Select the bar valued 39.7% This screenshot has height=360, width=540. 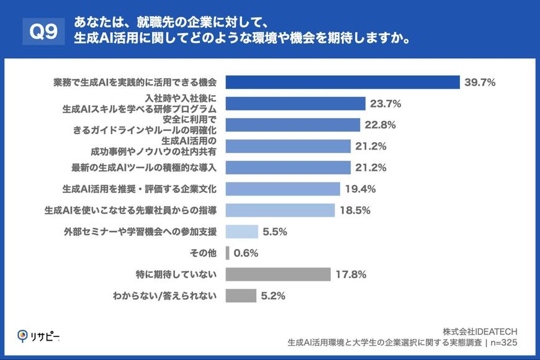(342, 82)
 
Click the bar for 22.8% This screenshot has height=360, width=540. (293, 125)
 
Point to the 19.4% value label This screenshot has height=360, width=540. (361, 189)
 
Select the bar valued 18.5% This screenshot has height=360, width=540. (281, 210)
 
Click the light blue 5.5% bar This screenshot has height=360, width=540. (241, 232)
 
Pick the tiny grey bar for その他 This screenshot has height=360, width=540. (228, 253)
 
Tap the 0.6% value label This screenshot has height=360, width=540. (245, 253)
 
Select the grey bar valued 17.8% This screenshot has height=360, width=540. (278, 274)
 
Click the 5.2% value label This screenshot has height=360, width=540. (272, 296)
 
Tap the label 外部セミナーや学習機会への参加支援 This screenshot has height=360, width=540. (140, 232)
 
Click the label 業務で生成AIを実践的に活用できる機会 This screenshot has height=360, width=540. (135, 82)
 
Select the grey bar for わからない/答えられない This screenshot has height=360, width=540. (241, 296)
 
